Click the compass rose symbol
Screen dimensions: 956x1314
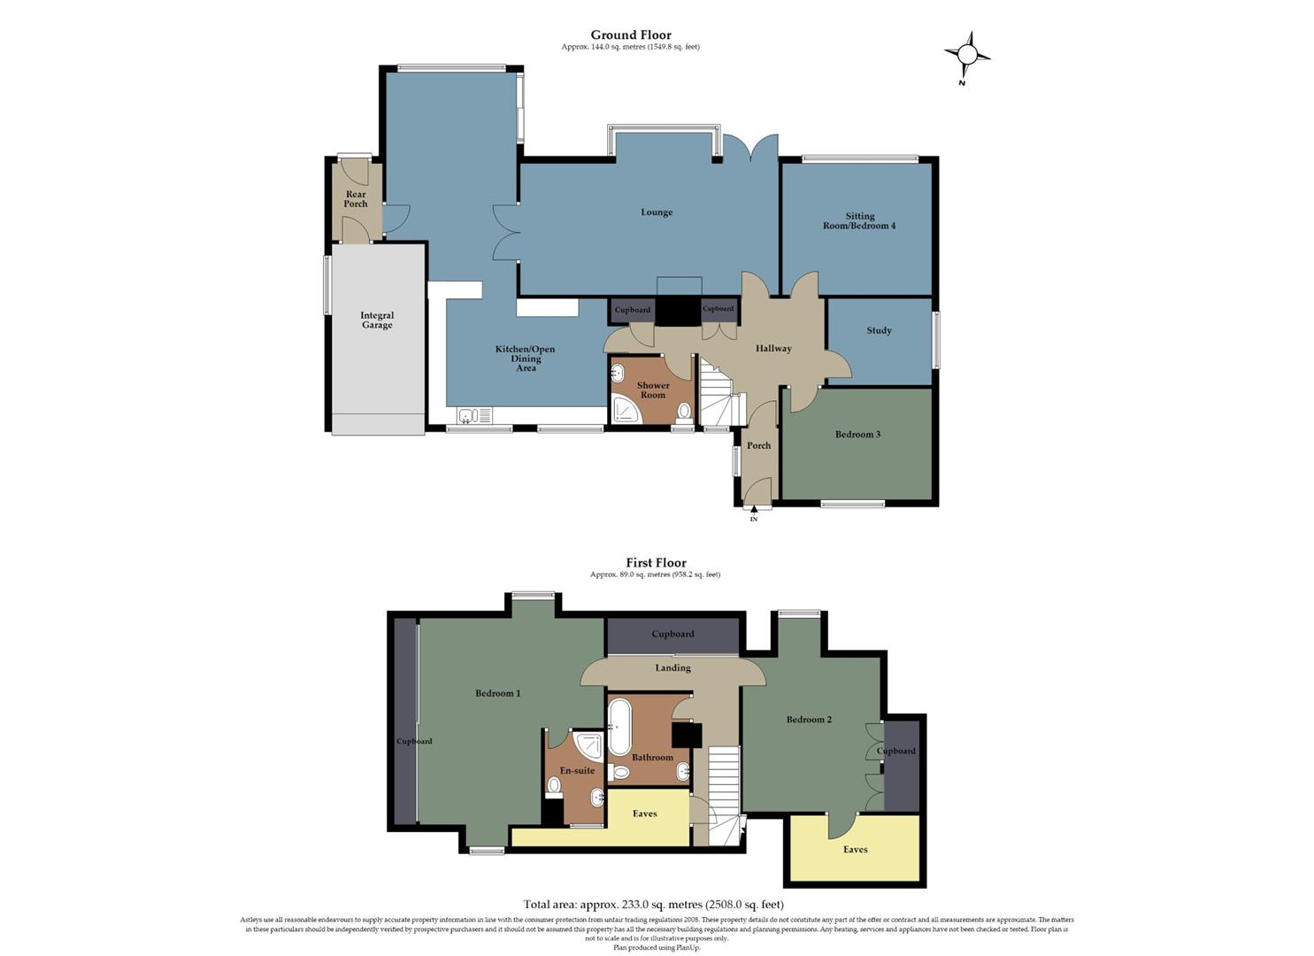[966, 55]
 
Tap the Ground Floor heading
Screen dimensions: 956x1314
[631, 35]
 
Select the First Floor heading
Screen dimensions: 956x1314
[656, 562]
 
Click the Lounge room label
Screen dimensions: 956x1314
[657, 212]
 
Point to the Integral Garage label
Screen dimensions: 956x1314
[377, 320]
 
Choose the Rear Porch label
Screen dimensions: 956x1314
[356, 199]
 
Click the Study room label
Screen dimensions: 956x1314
[879, 331]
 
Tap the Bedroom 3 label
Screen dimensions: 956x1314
[857, 435]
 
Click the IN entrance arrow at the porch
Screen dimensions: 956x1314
[754, 511]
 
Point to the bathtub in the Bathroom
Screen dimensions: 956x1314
[619, 727]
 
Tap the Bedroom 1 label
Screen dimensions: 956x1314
[497, 693]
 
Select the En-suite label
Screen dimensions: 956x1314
[577, 771]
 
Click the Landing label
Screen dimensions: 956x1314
[672, 668]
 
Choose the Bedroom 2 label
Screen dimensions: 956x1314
[809, 720]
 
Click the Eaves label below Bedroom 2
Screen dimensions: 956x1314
[855, 850]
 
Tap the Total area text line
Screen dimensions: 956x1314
[654, 905]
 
